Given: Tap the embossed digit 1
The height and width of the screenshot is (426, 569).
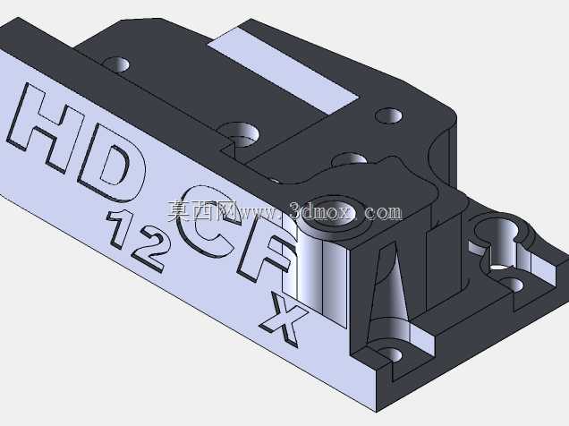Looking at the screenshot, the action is coord(120,228).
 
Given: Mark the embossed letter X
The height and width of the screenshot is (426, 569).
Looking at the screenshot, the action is coord(283,319).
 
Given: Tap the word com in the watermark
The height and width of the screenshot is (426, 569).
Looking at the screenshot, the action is coord(384,213).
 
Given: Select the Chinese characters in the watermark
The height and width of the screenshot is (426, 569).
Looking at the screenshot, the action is coord(200,211).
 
